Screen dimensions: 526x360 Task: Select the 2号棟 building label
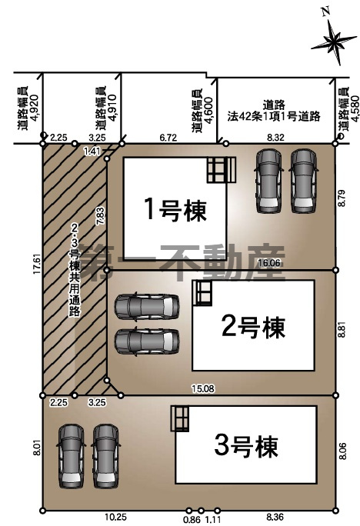[x=253, y=326]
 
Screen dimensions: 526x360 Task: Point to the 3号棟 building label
[x=245, y=444]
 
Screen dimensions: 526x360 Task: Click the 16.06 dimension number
[x=268, y=262]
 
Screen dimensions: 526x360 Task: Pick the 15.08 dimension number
[x=203, y=389]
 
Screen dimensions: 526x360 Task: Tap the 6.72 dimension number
[x=168, y=137]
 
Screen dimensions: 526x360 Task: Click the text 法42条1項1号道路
[x=273, y=116]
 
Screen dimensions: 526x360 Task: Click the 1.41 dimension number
[x=91, y=151]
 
